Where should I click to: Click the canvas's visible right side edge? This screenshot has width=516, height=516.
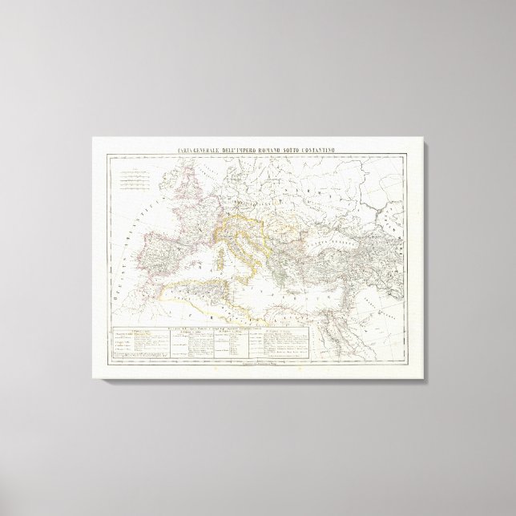(424, 260)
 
